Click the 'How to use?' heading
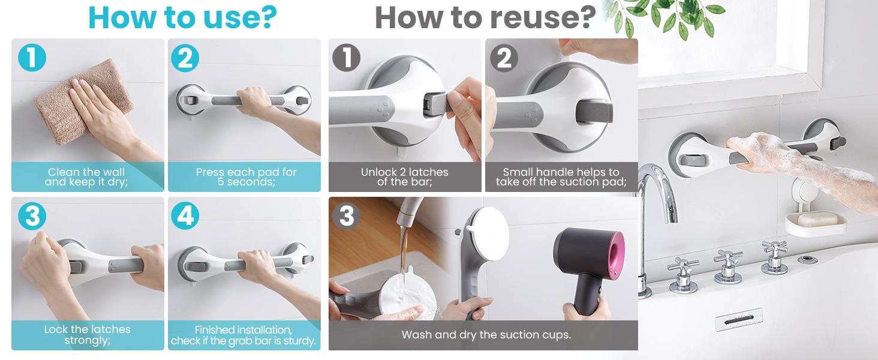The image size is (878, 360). pyautogui.click(x=183, y=17)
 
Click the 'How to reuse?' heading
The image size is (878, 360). pyautogui.click(x=485, y=17)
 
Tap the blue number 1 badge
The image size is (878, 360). pyautogui.click(x=32, y=58)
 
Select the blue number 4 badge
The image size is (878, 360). pyautogui.click(x=185, y=215)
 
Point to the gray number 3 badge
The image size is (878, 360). pyautogui.click(x=347, y=215)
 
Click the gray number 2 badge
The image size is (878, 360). pyautogui.click(x=504, y=58)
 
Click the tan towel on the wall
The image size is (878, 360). pyautogui.click(x=82, y=103)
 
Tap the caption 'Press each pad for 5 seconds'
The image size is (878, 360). pyautogui.click(x=246, y=177)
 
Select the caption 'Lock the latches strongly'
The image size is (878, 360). pyautogui.click(x=88, y=335)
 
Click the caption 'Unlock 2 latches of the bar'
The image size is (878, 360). pyautogui.click(x=404, y=177)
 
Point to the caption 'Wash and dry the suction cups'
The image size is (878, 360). pyautogui.click(x=486, y=335)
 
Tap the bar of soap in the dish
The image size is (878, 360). pyautogui.click(x=816, y=218)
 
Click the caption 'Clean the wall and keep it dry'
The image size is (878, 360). pyautogui.click(x=86, y=177)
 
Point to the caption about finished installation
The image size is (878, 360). pyautogui.click(x=243, y=335)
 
